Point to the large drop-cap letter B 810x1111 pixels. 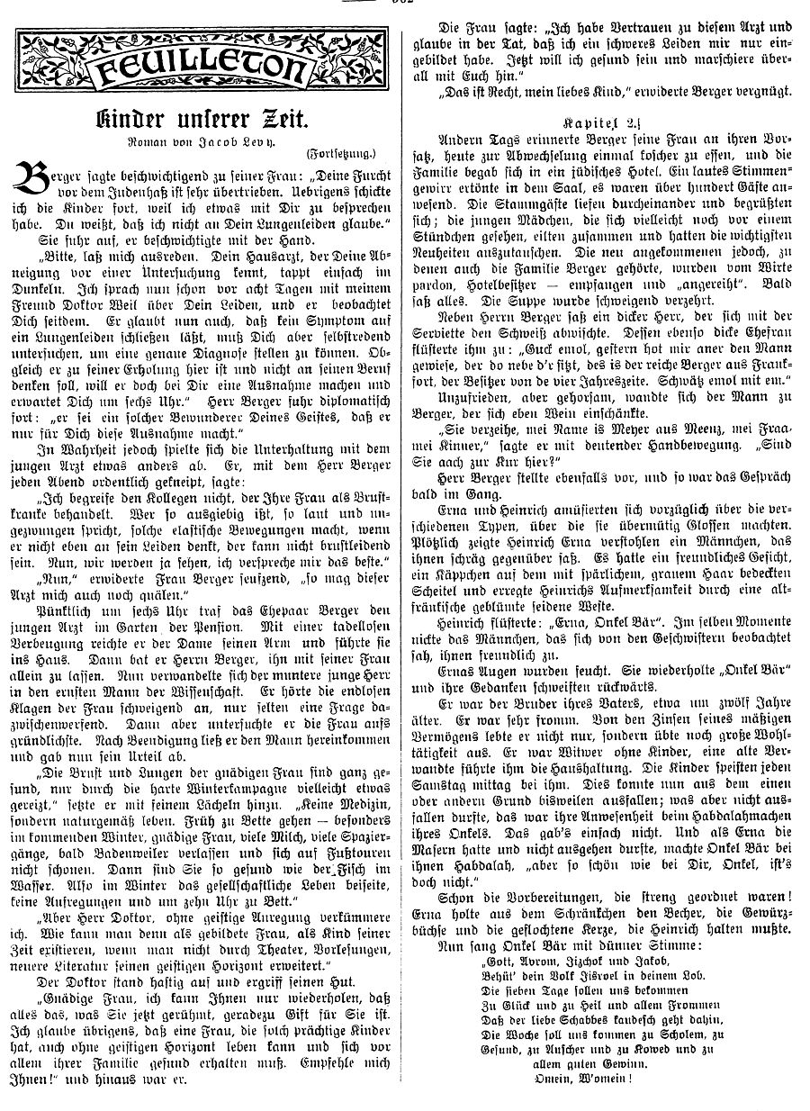[34, 185]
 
